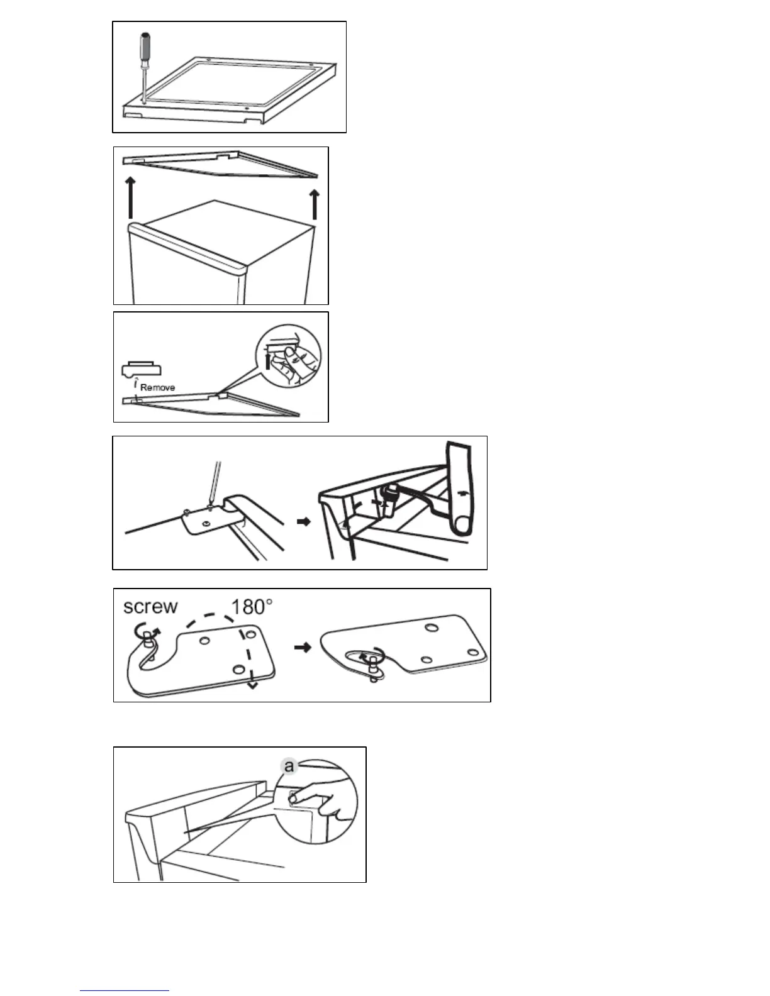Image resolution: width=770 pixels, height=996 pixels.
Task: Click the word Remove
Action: (x=157, y=387)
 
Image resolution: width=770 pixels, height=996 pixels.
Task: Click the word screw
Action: (x=150, y=607)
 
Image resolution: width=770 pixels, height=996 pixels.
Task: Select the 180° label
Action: (x=252, y=607)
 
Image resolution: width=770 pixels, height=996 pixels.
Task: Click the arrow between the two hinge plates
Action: (x=303, y=647)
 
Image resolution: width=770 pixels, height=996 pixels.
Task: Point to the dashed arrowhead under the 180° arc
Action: (x=252, y=685)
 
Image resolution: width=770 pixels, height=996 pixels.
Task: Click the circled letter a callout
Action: (x=289, y=766)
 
